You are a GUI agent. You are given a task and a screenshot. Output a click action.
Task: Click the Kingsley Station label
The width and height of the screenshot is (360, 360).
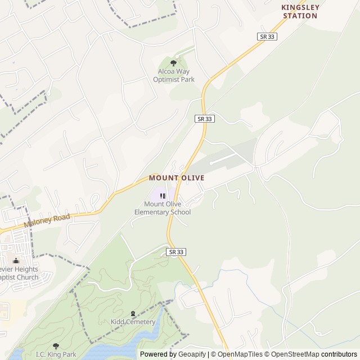(300, 11)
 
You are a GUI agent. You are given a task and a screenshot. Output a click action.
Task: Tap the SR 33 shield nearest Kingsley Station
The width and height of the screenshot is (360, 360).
(268, 36)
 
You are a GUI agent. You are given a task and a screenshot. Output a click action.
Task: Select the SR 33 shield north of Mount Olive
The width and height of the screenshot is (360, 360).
(205, 119)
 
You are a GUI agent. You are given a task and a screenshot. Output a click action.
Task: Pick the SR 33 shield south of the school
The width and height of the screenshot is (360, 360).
(176, 252)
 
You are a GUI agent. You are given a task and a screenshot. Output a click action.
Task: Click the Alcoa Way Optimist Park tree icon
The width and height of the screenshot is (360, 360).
(173, 62)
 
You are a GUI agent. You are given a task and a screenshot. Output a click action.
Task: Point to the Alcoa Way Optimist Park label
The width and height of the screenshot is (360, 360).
(174, 75)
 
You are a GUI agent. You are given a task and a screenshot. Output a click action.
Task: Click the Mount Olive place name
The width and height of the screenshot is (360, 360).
(176, 178)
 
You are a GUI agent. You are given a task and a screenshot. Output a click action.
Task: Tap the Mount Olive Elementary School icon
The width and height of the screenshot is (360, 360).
(163, 196)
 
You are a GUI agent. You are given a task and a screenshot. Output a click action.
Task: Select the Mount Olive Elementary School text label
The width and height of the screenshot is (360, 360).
(163, 208)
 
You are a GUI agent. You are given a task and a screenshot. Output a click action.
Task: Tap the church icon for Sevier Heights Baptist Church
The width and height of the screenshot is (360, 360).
(16, 260)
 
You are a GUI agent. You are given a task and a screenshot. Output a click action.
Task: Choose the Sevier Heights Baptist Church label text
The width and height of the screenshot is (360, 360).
(19, 273)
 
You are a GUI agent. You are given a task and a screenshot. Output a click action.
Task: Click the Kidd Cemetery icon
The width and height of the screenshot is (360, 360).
(133, 313)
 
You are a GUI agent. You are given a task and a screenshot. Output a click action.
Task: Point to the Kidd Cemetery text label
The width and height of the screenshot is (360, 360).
(133, 322)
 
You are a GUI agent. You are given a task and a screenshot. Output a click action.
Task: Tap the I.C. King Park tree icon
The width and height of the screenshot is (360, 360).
(55, 346)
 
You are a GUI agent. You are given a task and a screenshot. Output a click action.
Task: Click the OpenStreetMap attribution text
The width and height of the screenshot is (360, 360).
(292, 354)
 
